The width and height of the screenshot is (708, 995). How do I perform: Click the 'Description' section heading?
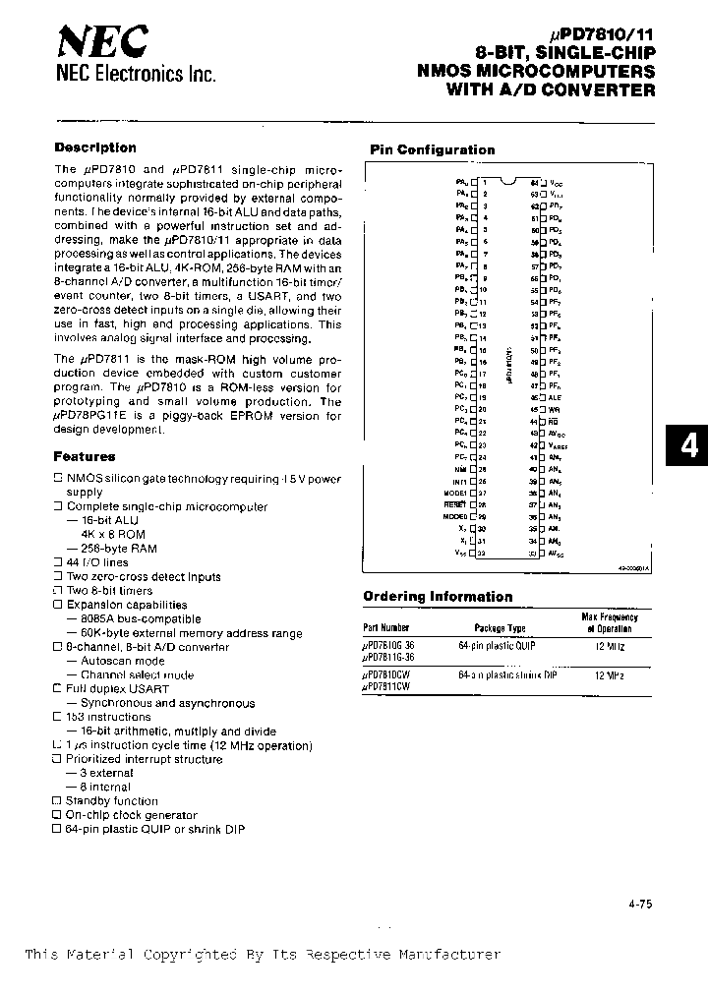95,147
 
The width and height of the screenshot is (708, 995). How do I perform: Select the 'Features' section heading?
85,456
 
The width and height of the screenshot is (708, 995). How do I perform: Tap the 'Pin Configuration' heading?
432,150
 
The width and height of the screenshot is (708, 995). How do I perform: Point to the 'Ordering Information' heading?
438,597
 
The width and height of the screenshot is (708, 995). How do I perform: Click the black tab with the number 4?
688,446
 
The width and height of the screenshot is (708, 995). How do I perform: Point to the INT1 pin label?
458,482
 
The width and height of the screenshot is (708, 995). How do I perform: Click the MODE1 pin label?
454,494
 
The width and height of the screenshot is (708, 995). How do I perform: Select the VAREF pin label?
557,445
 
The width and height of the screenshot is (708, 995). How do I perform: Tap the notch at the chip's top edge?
506,181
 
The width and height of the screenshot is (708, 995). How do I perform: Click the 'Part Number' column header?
385,627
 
